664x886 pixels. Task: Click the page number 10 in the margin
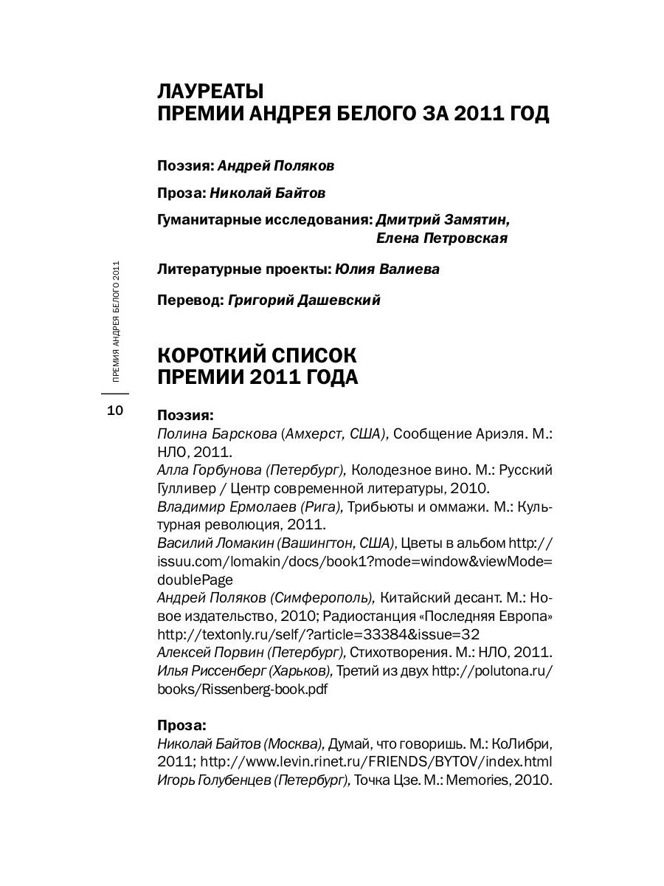point(115,411)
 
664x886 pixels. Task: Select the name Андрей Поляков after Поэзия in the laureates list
point(276,166)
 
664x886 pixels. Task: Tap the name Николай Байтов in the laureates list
point(268,193)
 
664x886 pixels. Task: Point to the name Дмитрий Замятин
point(443,220)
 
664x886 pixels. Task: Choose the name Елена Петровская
point(441,238)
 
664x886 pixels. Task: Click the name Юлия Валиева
point(387,269)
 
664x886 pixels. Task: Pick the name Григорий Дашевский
point(305,300)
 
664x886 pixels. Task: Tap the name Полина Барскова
point(217,434)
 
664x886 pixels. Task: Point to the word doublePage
point(196,580)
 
